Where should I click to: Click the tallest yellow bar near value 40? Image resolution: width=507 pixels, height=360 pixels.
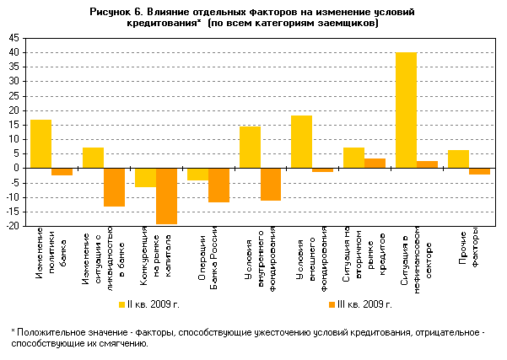pyautogui.click(x=407, y=110)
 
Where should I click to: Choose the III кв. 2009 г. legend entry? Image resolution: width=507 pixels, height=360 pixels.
pyautogui.click(x=358, y=304)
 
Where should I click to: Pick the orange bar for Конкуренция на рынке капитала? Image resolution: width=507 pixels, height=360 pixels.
pyautogui.click(x=166, y=196)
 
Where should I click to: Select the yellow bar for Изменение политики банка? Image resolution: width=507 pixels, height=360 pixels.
pyautogui.click(x=40, y=143)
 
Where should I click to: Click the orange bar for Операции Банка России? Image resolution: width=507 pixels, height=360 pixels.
pyautogui.click(x=218, y=185)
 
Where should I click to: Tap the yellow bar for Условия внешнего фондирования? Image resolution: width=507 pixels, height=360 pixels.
pyautogui.click(x=302, y=142)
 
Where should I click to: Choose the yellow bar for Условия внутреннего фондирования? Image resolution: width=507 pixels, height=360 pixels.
pyautogui.click(x=250, y=147)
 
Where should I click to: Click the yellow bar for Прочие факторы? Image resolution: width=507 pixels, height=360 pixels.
pyautogui.click(x=458, y=159)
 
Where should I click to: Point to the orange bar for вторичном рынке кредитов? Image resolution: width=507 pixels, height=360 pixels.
pyautogui.click(x=375, y=163)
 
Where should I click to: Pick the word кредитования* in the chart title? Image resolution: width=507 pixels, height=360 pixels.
pyautogui.click(x=165, y=24)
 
